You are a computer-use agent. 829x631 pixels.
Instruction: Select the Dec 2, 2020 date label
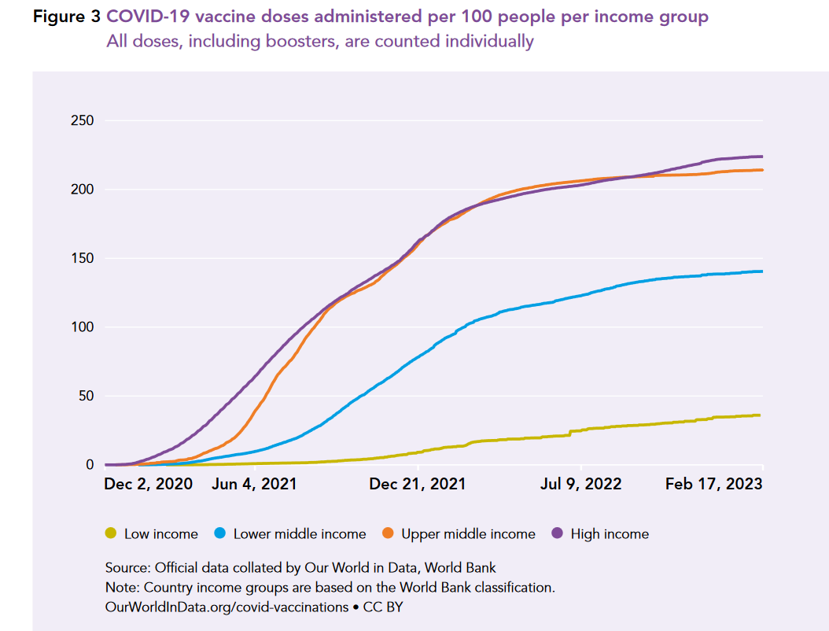coord(148,484)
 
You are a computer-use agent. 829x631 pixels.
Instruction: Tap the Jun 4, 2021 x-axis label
coord(254,484)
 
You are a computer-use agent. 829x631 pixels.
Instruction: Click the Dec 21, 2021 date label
coord(417,484)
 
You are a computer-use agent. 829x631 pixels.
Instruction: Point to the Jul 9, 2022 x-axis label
coord(580,484)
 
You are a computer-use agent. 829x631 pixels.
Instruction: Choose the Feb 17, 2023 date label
coord(713,484)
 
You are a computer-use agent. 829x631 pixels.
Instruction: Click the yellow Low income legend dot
coord(112,534)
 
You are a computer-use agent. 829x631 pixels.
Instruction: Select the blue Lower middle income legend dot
coord(221,534)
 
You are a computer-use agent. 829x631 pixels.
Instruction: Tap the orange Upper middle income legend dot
coord(389,534)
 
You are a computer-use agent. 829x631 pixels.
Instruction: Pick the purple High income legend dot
coord(558,534)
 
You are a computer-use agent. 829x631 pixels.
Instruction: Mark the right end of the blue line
coord(762,271)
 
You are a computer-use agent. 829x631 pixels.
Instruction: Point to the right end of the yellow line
coord(759,415)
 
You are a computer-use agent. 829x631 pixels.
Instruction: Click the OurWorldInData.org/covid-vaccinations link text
coord(227,607)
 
